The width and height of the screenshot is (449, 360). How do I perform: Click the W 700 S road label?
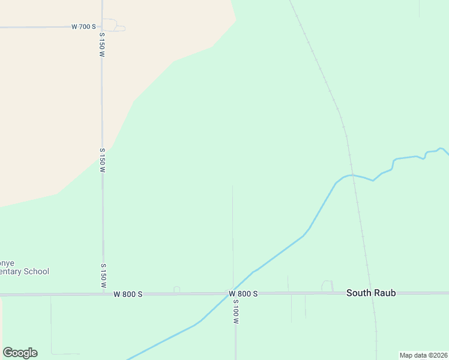point(83,26)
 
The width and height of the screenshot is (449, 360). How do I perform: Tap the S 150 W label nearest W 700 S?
point(103,45)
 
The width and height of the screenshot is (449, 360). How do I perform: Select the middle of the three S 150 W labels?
point(103,160)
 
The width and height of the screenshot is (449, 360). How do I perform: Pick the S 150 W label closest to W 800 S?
point(103,275)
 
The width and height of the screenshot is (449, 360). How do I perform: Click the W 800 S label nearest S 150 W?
point(128,293)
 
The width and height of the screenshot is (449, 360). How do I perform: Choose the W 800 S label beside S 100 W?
point(243,293)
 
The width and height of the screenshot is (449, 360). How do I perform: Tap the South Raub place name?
point(370,293)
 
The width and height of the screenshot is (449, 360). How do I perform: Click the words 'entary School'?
point(25,272)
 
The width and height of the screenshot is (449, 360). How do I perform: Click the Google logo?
point(20,353)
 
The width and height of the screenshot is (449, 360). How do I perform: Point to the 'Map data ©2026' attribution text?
point(423,355)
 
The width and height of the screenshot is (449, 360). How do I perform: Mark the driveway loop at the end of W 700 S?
point(111,25)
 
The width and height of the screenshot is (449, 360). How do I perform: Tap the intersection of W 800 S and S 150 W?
point(103,294)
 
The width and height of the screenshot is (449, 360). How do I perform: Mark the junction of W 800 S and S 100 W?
point(234,293)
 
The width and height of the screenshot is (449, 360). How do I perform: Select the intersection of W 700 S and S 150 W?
point(102,26)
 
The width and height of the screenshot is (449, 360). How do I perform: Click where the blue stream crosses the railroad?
point(353,175)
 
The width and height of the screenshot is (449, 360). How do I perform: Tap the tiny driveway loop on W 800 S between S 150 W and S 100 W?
point(176,290)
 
